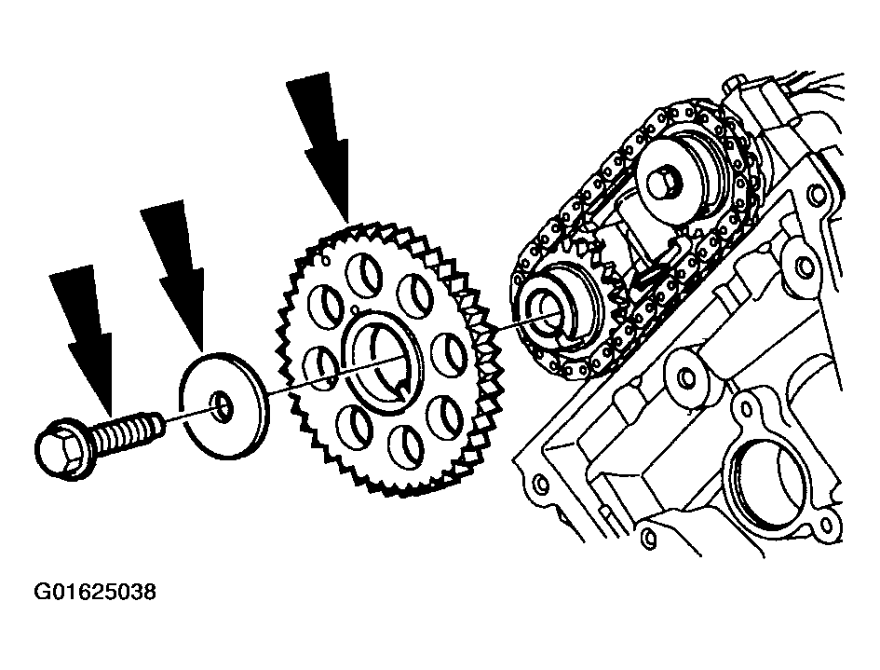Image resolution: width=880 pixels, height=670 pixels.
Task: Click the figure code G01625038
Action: click(x=95, y=592)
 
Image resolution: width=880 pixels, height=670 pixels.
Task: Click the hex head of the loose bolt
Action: click(x=61, y=449)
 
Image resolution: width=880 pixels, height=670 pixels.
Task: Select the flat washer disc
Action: click(x=224, y=406)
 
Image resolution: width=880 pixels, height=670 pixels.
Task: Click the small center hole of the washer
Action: click(x=221, y=407)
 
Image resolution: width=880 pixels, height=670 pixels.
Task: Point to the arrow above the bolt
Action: click(x=83, y=337)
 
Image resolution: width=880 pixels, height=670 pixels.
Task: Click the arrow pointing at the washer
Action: click(x=174, y=275)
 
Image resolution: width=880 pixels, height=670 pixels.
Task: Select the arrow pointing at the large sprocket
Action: click(x=321, y=148)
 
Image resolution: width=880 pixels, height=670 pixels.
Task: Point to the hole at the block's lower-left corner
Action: click(x=540, y=483)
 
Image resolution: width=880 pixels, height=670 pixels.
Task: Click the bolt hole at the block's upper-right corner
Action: click(x=818, y=195)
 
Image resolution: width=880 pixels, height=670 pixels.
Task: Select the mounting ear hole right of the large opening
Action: click(x=826, y=525)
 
